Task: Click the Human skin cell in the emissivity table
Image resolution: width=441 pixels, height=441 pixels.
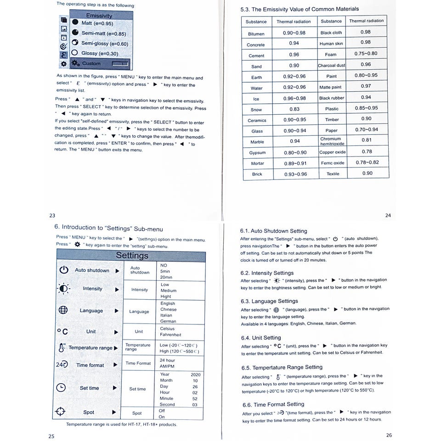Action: click(331, 44)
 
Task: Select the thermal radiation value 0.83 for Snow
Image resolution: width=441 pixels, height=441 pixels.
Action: click(294, 109)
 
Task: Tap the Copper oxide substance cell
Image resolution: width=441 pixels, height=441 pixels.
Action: click(333, 152)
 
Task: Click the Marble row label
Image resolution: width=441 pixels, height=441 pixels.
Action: click(257, 142)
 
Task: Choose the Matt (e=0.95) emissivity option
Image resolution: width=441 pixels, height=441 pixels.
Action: click(96, 23)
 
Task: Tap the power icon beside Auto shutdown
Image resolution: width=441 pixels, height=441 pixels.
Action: click(64, 270)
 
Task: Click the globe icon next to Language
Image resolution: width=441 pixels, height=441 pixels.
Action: click(63, 310)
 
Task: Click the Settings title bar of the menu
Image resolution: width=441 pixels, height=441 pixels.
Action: click(132, 256)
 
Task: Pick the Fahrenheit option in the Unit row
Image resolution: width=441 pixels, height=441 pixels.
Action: click(170, 335)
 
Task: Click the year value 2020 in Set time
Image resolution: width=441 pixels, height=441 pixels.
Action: click(195, 374)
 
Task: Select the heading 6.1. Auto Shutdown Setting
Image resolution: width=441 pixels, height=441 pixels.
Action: click(273, 231)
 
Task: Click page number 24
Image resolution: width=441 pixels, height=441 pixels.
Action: click(388, 215)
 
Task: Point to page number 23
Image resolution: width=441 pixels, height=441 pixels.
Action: click(52, 215)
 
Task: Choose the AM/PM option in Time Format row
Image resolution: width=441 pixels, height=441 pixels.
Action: click(167, 367)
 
